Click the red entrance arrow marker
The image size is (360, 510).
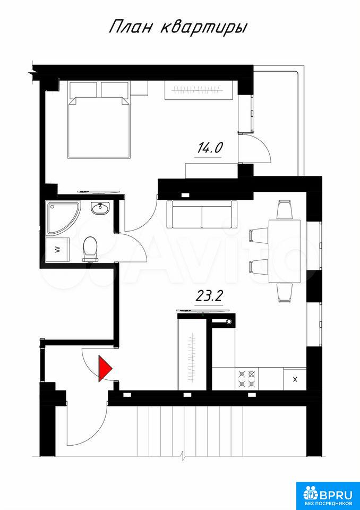point(104,368)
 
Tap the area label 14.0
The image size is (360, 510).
point(209,148)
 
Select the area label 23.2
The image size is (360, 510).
point(209,296)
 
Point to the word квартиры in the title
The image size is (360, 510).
point(204,28)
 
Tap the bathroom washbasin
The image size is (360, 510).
point(100,208)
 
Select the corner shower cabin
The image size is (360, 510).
point(63,217)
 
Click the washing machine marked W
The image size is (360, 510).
point(57,250)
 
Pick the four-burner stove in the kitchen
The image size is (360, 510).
point(246,379)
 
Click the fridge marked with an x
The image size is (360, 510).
point(295,379)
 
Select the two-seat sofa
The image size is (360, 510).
point(202,214)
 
